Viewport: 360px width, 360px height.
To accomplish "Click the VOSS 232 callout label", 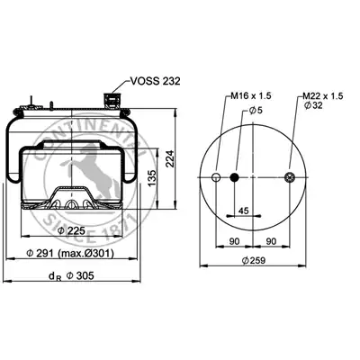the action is [156, 81].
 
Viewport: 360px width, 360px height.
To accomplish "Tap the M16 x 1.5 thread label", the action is [251, 96].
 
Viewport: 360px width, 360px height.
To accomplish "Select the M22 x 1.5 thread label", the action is [322, 96].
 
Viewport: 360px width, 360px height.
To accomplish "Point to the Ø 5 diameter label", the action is [256, 111].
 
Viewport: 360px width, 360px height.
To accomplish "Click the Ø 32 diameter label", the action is [313, 105].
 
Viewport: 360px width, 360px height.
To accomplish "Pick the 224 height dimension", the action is [170, 158].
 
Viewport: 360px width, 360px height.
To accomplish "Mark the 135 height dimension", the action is [152, 178].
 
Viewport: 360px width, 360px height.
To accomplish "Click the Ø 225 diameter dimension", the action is [71, 230].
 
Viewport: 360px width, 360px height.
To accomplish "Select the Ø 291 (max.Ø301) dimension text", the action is [70, 254].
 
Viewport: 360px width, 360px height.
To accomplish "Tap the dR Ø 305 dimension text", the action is [71, 275].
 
